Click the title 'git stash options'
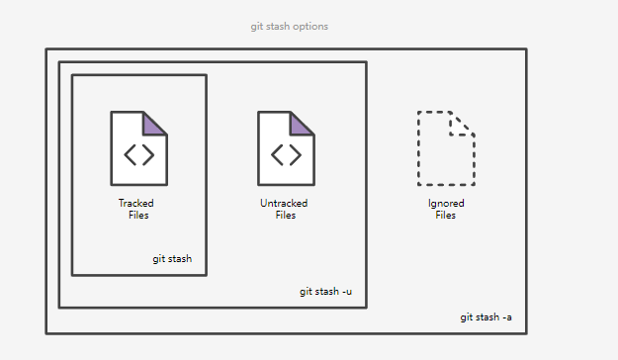(290, 27)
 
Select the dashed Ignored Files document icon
(446, 148)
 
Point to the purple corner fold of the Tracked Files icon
(152, 125)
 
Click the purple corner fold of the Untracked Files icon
(300, 125)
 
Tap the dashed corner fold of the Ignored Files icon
(461, 124)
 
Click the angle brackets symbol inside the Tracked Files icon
(139, 155)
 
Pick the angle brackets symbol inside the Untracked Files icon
(286, 155)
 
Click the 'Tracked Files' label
(136, 209)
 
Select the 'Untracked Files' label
(284, 209)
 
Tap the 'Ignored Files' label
(446, 209)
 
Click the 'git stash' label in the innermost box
(172, 259)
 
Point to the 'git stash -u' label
(325, 292)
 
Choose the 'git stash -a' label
(486, 317)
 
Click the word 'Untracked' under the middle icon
(284, 203)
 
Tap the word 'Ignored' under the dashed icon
(446, 204)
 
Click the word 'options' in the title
(310, 27)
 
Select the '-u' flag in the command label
(347, 292)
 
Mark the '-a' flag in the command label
(507, 317)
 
